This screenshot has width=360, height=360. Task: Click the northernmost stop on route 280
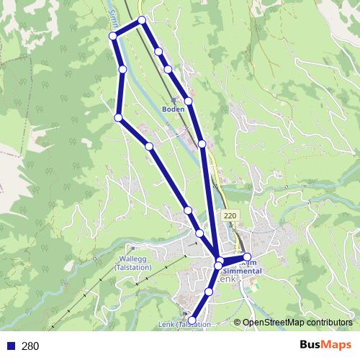142,20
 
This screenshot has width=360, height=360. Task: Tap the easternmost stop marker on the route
247,257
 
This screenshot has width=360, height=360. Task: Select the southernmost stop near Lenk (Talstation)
192,319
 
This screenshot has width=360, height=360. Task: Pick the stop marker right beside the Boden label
188,102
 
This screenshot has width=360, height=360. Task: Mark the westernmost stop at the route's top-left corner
112,36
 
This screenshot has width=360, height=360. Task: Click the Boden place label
173,109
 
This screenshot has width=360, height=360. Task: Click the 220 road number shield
230,216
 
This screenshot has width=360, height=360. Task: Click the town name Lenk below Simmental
228,278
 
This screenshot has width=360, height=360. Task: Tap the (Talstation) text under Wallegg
133,266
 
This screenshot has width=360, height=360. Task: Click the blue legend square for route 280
12,346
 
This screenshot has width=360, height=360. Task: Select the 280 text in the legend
30,346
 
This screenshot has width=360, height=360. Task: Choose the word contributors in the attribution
330,323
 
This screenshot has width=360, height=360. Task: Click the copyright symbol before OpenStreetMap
237,323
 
